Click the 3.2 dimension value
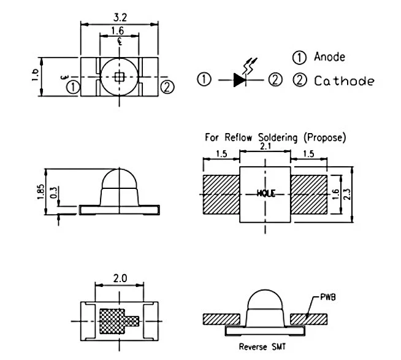[120, 17]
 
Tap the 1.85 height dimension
[40, 192]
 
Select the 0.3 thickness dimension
[54, 193]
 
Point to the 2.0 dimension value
[120, 278]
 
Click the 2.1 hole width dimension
[265, 147]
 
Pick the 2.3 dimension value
[348, 194]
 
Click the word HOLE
[266, 193]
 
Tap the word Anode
[329, 57]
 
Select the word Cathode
[344, 81]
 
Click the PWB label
[328, 297]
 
